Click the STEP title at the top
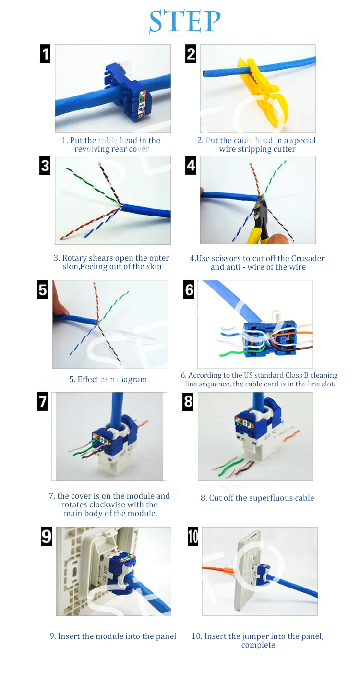(184, 21)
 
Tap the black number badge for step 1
(45, 54)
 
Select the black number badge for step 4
(191, 165)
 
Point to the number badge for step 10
(193, 536)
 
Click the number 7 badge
(42, 401)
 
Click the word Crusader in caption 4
(308, 258)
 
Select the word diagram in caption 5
(132, 380)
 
